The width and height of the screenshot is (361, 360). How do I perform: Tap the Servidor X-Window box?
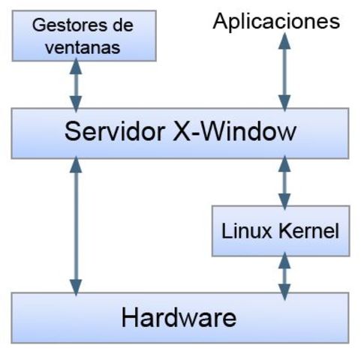pos(180,133)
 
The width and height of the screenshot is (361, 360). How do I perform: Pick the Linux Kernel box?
pos(280,229)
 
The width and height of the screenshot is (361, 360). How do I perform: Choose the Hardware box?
pos(180,316)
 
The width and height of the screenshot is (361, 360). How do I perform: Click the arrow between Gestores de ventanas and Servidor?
pos(74,84)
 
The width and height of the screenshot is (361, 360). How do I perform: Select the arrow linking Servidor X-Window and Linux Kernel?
pos(284,182)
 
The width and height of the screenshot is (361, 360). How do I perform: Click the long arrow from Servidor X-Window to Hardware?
pos(74,225)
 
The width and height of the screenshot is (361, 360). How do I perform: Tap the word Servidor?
pos(113,133)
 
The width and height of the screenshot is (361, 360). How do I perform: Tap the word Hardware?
pos(179,316)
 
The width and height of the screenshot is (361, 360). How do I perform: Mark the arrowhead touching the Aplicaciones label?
pos(284,39)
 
